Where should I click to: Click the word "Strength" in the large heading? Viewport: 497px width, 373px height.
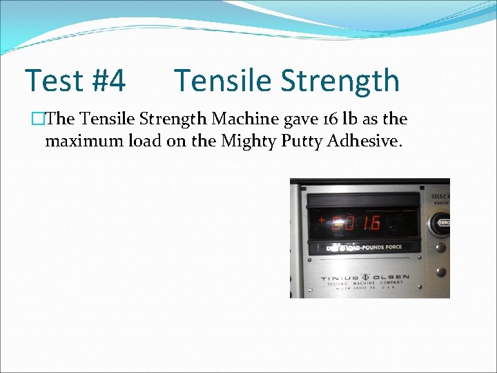[341, 81]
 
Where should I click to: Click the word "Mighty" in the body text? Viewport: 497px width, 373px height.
[244, 142]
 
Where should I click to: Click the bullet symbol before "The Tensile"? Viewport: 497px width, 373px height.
[37, 119]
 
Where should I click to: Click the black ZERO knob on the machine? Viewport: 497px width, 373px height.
[442, 224]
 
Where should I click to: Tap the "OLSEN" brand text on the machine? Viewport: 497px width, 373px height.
[391, 278]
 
